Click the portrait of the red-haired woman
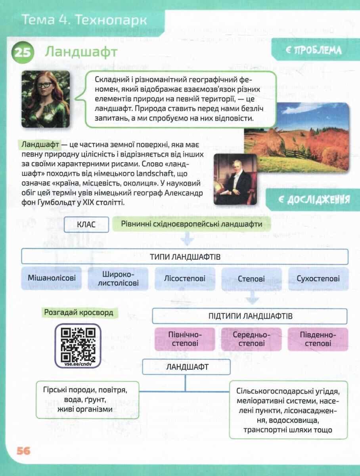(46, 99)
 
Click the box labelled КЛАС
(86, 225)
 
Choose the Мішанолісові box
(52, 278)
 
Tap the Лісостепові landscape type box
(185, 278)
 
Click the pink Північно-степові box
(185, 339)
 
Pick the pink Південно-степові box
(318, 339)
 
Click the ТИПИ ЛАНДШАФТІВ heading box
(185, 256)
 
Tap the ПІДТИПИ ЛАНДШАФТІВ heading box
(250, 316)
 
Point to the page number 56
(23, 451)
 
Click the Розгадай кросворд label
(79, 313)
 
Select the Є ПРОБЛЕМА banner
(313, 50)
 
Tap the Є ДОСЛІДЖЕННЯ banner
(313, 200)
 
